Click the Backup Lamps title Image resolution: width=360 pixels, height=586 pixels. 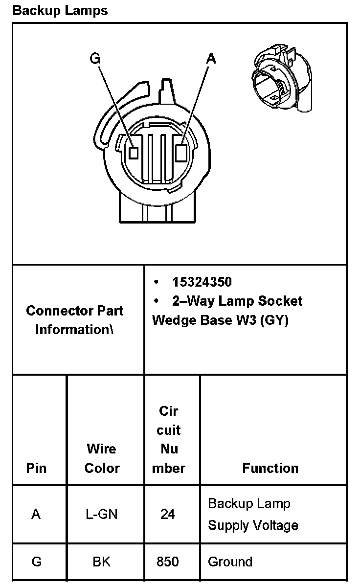[x=60, y=11]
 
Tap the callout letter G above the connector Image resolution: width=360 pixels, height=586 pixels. [x=95, y=59]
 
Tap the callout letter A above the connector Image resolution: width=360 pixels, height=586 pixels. [x=211, y=59]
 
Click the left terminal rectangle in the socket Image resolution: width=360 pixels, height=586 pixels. [x=134, y=152]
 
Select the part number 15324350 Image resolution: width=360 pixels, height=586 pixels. [x=202, y=282]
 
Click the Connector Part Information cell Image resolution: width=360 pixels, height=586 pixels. [x=74, y=320]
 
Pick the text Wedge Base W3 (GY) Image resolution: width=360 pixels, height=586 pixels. [x=220, y=320]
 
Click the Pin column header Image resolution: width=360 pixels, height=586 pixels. [x=36, y=468]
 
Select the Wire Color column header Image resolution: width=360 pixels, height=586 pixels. [x=102, y=458]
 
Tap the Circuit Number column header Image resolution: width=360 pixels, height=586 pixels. [x=168, y=439]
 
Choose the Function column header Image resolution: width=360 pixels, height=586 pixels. [x=270, y=468]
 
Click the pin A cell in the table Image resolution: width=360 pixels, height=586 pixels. [x=36, y=514]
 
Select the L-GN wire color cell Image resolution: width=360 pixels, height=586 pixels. [x=102, y=514]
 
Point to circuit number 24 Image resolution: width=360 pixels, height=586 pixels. [x=168, y=514]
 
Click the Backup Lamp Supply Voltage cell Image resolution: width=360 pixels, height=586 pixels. [x=253, y=514]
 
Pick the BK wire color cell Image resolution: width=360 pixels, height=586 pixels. [x=102, y=562]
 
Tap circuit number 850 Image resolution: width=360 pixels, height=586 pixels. [x=168, y=562]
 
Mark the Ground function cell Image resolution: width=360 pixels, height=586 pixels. [x=230, y=562]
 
